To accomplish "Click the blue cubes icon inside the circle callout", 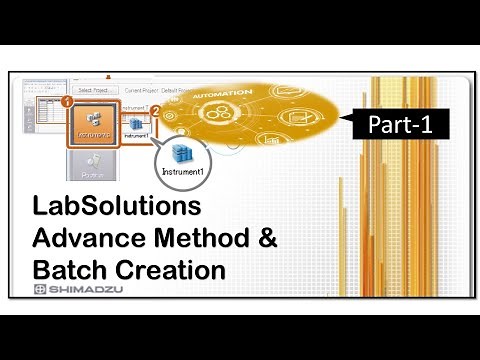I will click(184, 152).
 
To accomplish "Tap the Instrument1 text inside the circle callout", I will click(184, 171).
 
